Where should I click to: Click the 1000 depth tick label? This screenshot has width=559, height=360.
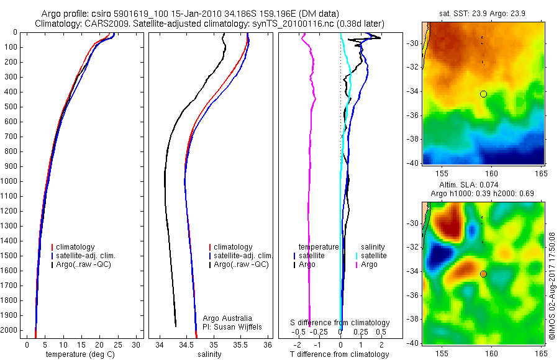10,181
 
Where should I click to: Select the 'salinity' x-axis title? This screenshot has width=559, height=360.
209,354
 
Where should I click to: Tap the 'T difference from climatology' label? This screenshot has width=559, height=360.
339,354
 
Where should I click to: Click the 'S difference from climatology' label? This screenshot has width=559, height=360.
340,323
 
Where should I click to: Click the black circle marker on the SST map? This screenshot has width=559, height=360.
483,94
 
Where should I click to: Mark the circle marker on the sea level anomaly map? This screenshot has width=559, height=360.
483,274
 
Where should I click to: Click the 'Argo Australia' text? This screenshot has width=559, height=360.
227,318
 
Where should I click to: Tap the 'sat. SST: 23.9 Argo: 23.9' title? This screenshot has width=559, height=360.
483,12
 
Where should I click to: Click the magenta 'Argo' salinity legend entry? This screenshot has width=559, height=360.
369,264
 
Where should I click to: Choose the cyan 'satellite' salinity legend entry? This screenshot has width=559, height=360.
373,256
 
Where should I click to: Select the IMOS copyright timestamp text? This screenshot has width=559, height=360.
552,286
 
